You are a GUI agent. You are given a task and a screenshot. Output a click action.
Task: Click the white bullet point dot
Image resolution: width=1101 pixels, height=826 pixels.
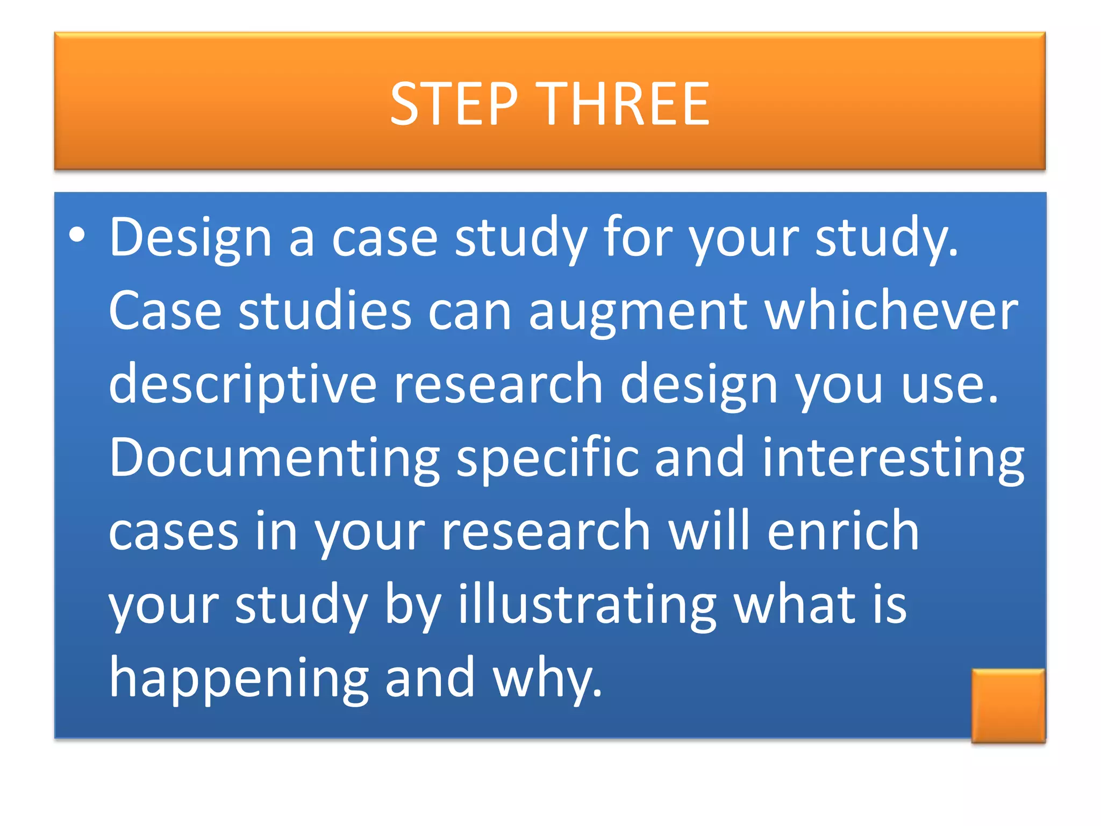click(x=77, y=235)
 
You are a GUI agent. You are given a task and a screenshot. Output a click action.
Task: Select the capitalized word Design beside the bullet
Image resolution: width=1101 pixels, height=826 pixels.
click(x=190, y=238)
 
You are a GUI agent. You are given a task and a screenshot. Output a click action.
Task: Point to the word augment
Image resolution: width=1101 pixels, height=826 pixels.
click(x=638, y=312)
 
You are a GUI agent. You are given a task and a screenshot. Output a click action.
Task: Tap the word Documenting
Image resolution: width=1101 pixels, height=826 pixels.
click(x=274, y=458)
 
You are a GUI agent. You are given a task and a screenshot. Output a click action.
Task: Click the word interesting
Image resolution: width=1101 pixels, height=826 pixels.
click(x=893, y=458)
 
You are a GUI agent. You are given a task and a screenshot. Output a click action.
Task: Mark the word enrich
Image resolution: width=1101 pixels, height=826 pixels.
click(x=843, y=531)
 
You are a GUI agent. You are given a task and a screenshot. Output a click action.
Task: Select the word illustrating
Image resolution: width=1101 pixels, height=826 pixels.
click(x=587, y=605)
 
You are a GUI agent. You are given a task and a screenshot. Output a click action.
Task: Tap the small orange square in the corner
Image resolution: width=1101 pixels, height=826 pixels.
click(x=1008, y=706)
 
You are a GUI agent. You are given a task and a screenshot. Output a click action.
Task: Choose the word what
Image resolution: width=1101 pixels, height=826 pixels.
click(x=795, y=605)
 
